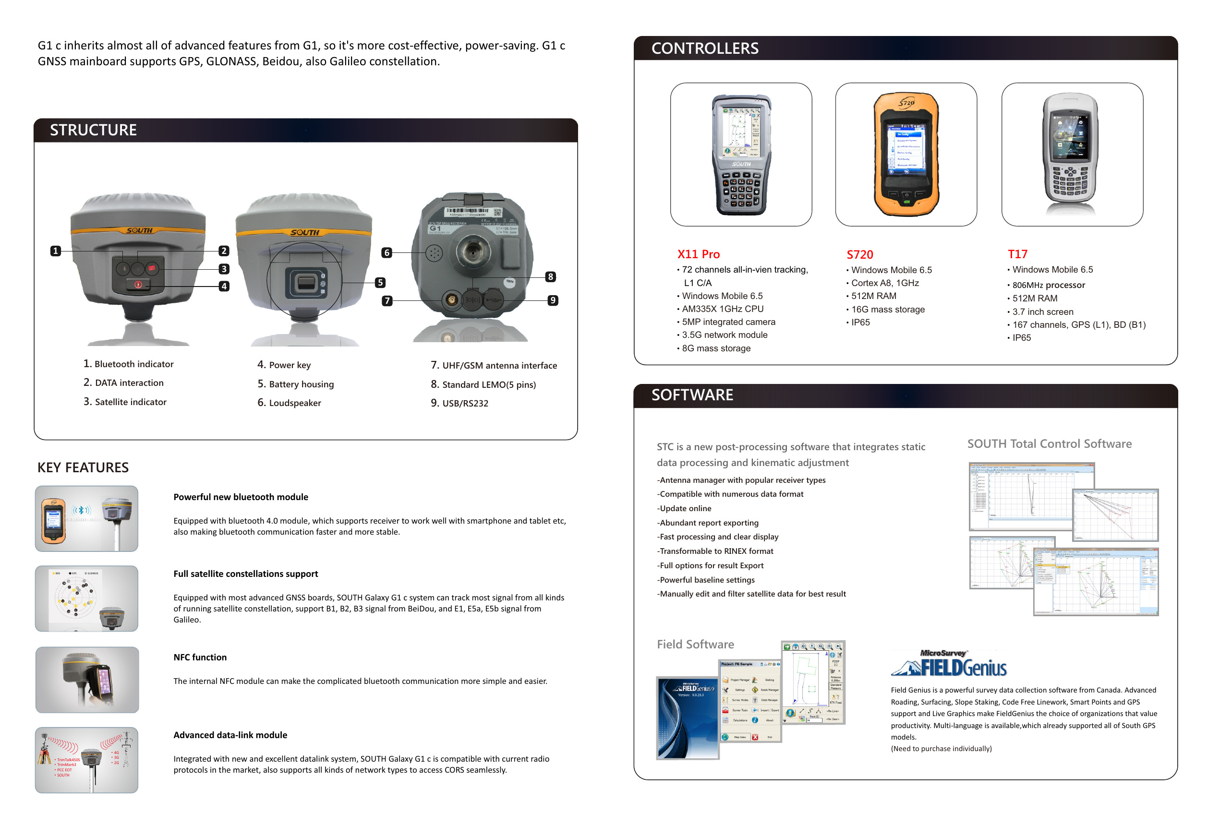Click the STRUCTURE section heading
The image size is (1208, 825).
(x=93, y=130)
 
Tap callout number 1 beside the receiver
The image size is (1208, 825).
(x=56, y=251)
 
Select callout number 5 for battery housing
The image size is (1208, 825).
(x=380, y=283)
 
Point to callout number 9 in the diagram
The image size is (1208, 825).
(x=553, y=300)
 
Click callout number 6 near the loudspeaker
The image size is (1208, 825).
(x=386, y=252)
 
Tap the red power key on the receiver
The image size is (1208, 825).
(x=138, y=284)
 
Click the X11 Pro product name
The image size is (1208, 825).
(x=698, y=254)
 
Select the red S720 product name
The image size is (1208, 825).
(x=860, y=254)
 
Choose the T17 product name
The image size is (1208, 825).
(x=1017, y=254)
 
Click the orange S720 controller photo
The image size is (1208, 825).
(x=906, y=155)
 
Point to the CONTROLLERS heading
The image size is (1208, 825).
(x=705, y=48)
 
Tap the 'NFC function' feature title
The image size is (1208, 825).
(x=200, y=657)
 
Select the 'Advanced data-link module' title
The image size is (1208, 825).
(x=230, y=735)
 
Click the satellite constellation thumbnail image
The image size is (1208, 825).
(x=87, y=598)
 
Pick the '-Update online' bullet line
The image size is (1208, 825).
(x=684, y=509)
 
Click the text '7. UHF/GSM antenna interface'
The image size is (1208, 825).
(x=494, y=365)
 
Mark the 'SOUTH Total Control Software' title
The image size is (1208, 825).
(x=1049, y=443)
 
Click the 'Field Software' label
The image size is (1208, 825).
(x=695, y=644)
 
